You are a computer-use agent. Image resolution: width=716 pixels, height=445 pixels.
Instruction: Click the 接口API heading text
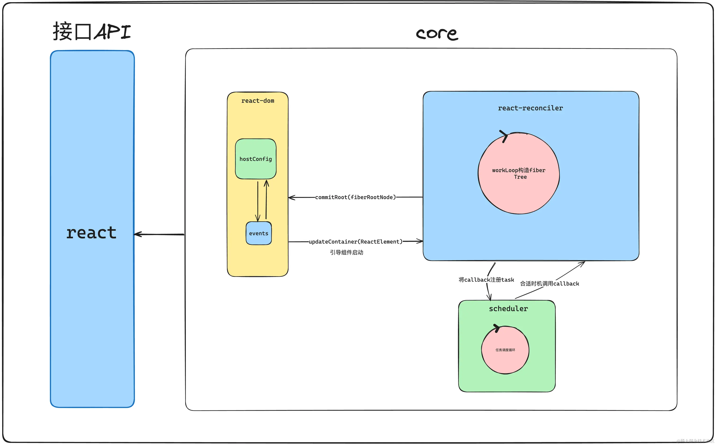click(x=92, y=31)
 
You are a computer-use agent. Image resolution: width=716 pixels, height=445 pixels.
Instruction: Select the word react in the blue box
click(x=91, y=233)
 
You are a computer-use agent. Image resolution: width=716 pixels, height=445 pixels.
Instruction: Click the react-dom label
click(x=258, y=101)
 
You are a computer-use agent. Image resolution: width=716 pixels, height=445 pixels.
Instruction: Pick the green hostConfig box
click(x=256, y=159)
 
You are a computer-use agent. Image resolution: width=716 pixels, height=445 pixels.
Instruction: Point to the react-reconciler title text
click(x=530, y=108)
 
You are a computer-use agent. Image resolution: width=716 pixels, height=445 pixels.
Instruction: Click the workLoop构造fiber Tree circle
click(x=519, y=174)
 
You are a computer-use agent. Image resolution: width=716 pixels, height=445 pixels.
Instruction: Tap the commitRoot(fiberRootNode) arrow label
click(x=355, y=197)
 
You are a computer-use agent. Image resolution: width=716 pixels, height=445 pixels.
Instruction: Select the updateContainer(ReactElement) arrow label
click(x=355, y=242)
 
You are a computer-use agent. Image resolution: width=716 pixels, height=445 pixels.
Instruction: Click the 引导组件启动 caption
click(x=347, y=252)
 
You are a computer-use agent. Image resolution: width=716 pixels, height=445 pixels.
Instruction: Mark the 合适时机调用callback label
click(x=549, y=284)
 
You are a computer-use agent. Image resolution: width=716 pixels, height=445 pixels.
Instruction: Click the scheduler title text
click(x=508, y=309)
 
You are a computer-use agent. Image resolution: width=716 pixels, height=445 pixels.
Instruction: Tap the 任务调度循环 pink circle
click(x=505, y=350)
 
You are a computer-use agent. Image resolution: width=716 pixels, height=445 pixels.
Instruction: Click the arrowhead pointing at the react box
click(x=137, y=234)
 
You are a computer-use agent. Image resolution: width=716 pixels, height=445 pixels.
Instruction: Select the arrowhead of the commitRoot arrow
click(x=291, y=197)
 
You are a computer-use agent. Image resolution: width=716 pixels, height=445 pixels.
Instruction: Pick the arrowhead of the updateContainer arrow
click(x=420, y=242)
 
